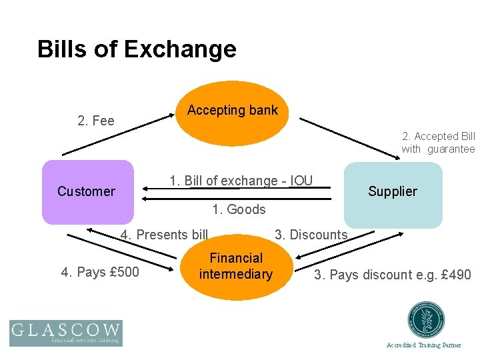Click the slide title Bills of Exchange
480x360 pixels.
point(137,49)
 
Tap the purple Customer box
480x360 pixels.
point(87,191)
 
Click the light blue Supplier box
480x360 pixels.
point(393,192)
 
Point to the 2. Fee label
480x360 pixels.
point(96,121)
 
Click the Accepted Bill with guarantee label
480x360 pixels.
point(438,143)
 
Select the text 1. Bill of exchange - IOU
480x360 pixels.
point(241,181)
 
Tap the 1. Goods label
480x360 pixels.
point(239,209)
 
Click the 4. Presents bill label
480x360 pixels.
point(164,235)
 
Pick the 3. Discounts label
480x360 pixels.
point(311,235)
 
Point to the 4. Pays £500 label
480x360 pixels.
point(100,272)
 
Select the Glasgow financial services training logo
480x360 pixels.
point(65,333)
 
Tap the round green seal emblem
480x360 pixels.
point(426,320)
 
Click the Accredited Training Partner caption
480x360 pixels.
point(424,345)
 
